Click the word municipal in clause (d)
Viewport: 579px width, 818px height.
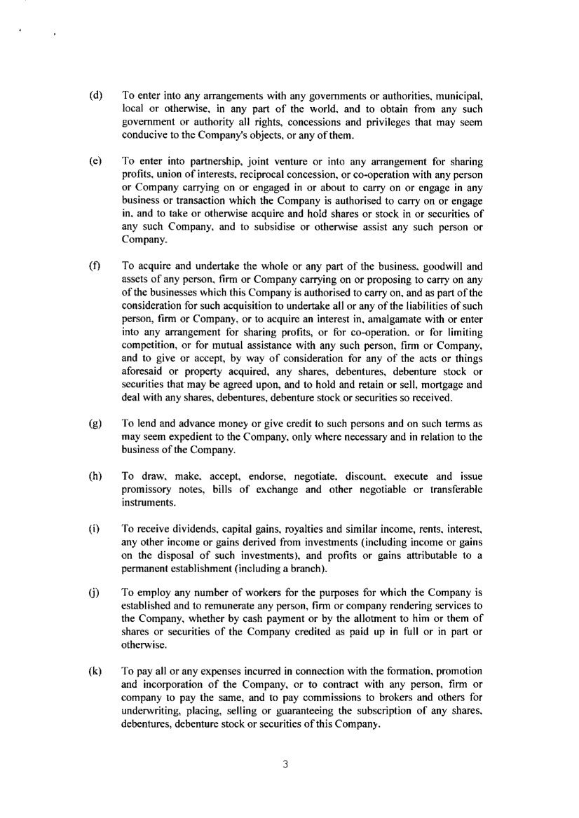point(461,94)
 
